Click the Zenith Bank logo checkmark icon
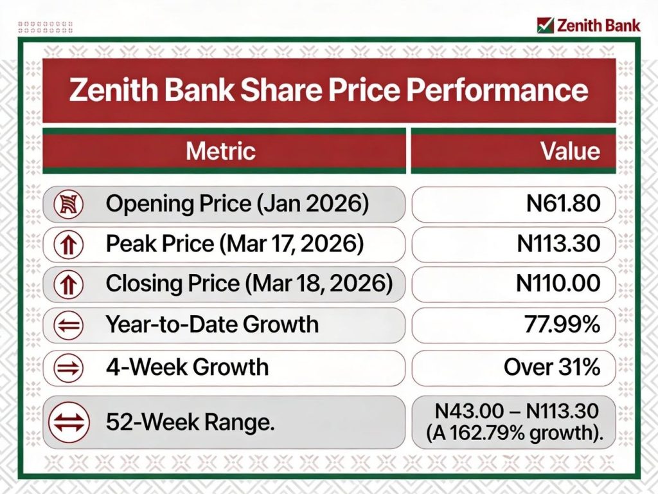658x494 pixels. click(545, 26)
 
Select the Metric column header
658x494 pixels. click(220, 151)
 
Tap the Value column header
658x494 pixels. click(569, 151)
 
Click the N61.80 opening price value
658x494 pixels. click(562, 205)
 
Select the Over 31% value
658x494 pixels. click(552, 367)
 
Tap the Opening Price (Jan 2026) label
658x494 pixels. click(237, 205)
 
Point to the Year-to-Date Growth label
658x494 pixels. click(211, 324)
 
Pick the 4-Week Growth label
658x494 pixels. click(187, 367)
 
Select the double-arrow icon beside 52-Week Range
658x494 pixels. click(69, 423)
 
